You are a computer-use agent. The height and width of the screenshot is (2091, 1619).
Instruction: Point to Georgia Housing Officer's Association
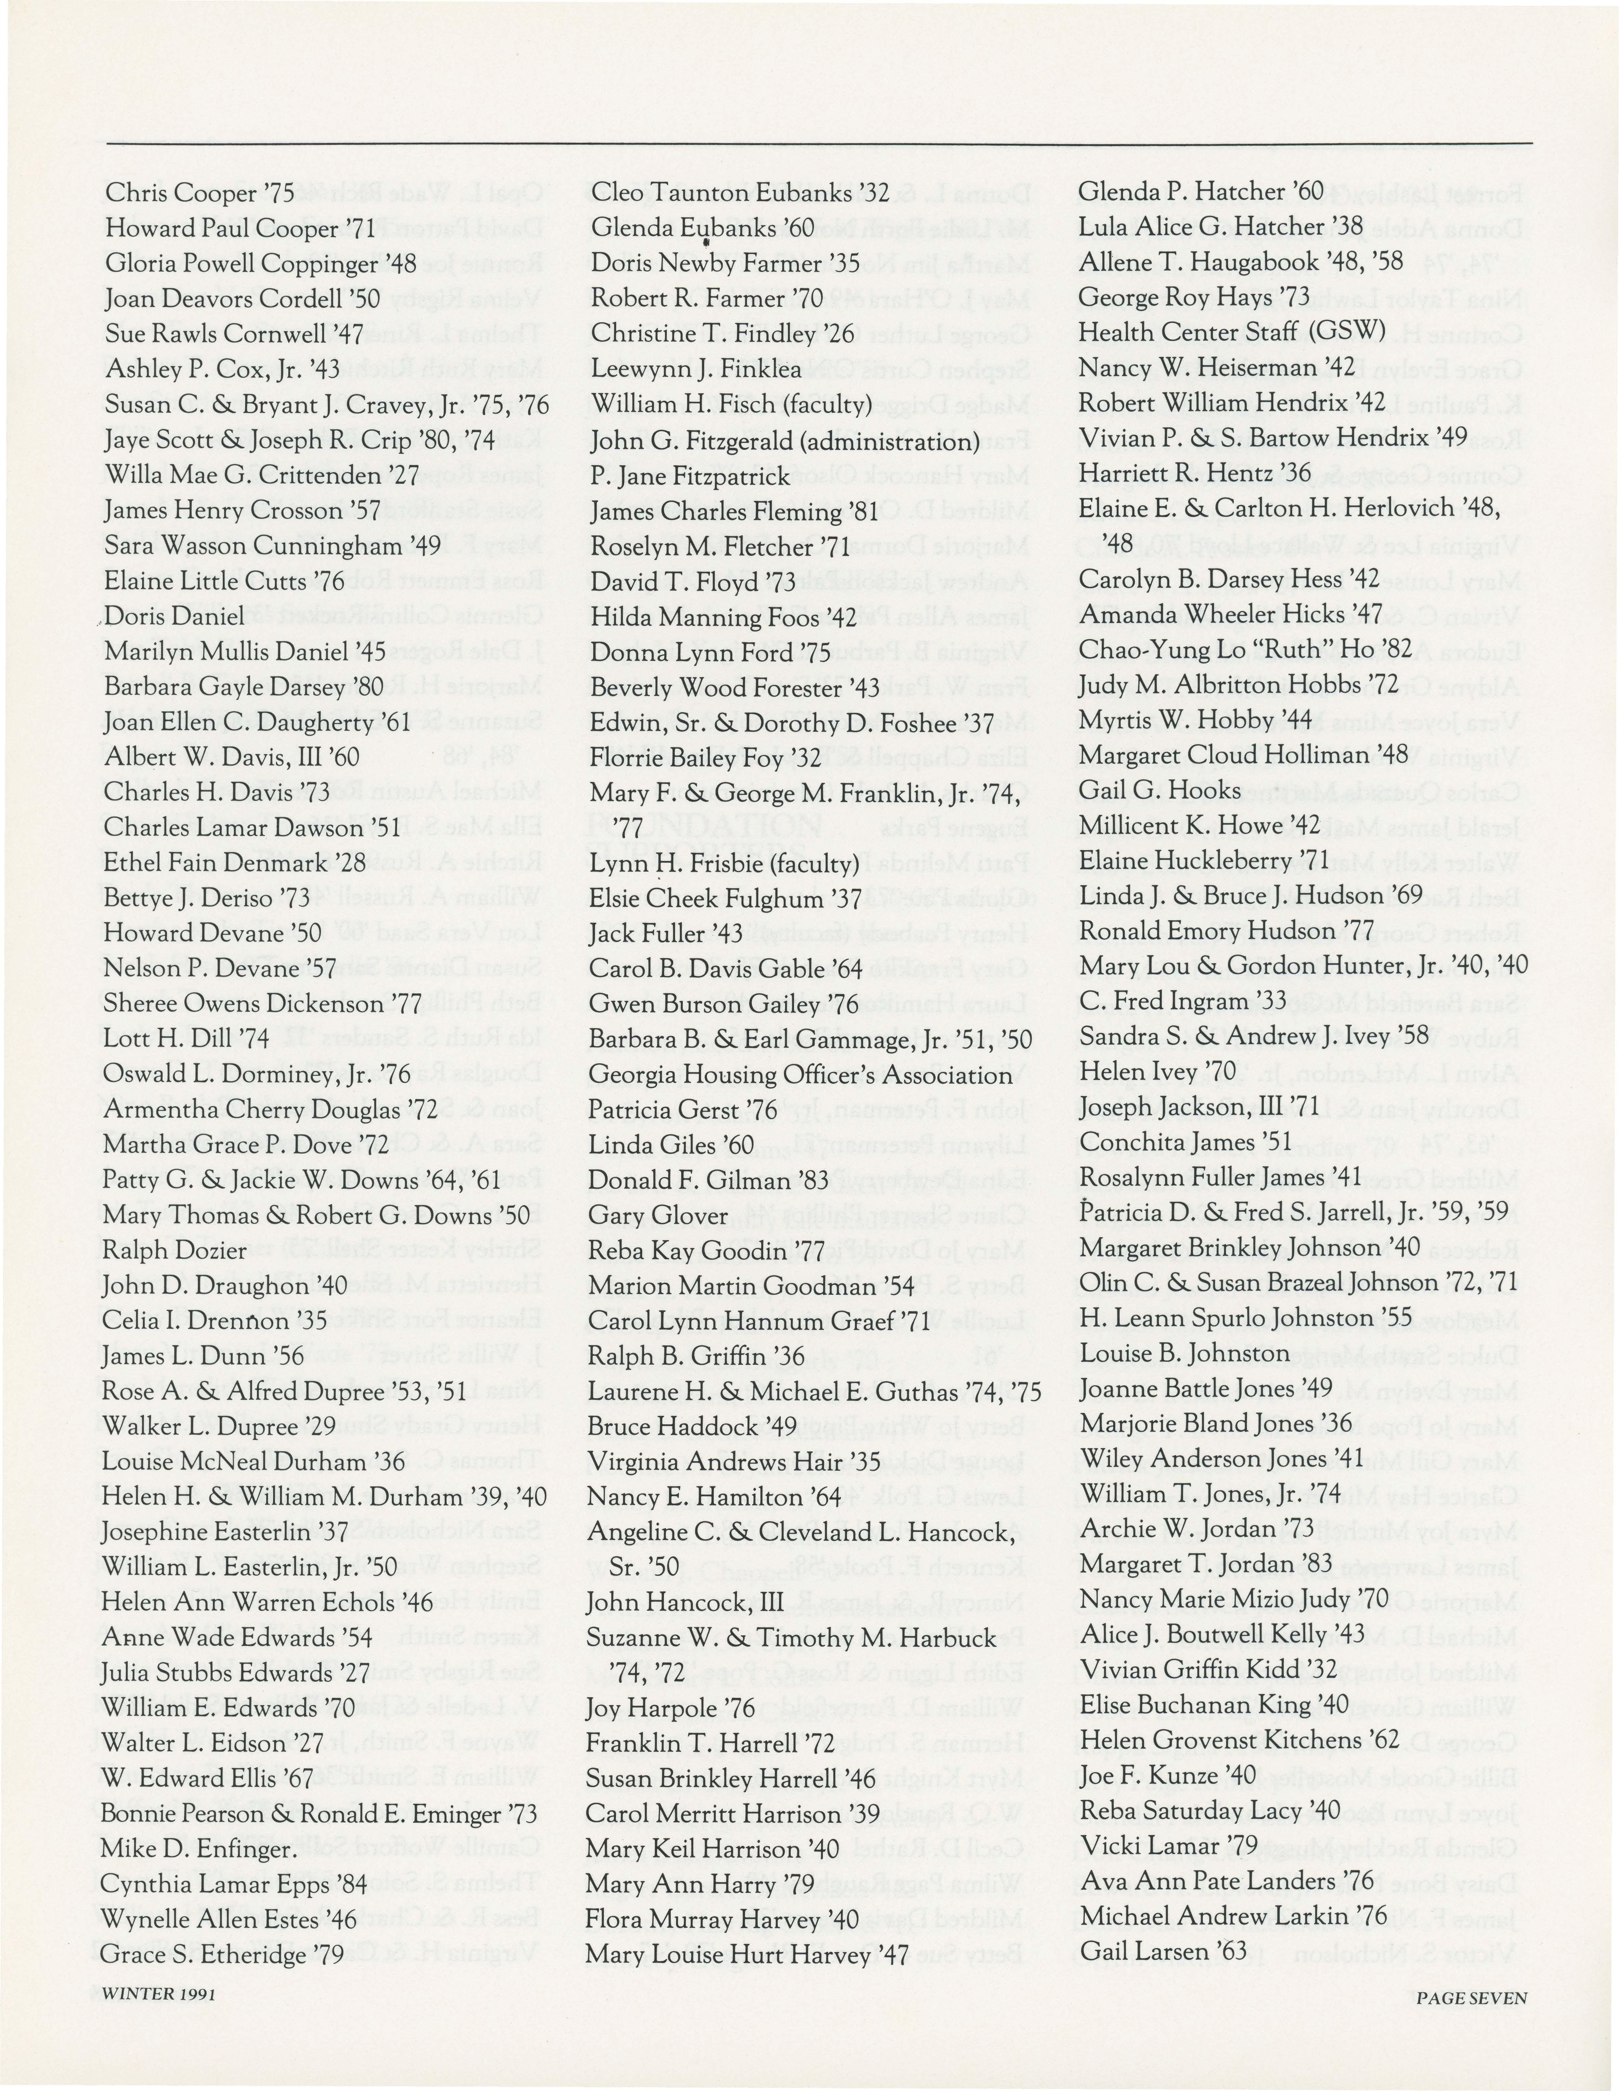pos(801,1075)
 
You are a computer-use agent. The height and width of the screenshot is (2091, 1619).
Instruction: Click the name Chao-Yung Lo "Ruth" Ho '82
pos(1246,650)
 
